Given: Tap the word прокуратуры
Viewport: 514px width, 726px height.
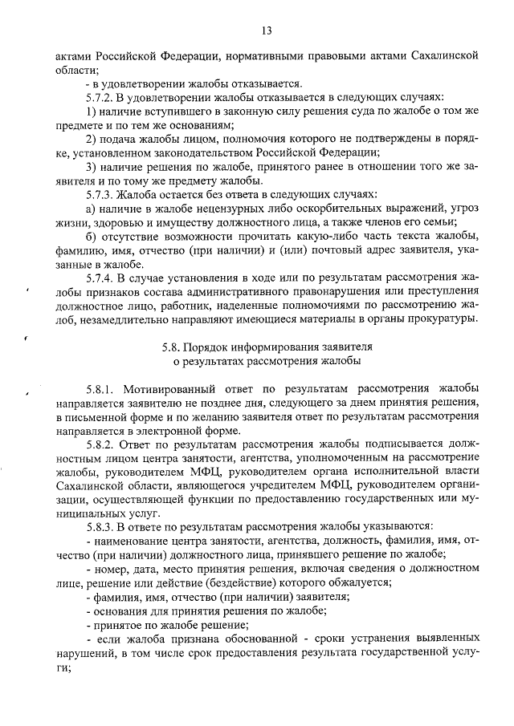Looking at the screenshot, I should coord(443,320).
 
